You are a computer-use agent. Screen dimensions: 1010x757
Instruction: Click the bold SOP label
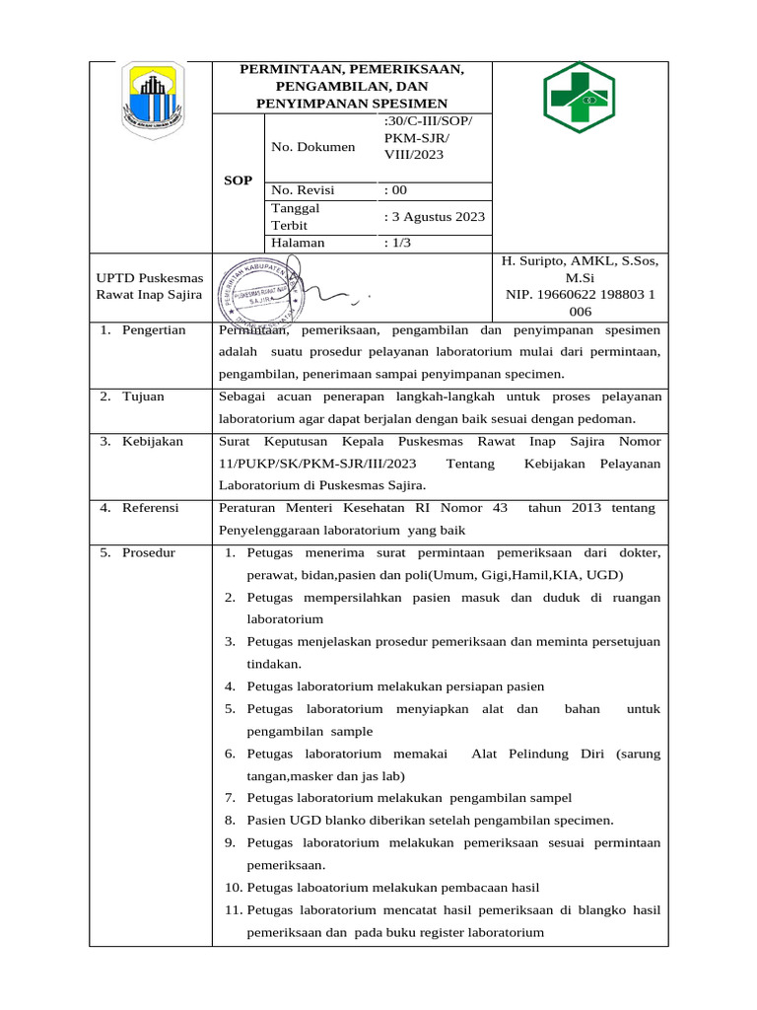coord(238,180)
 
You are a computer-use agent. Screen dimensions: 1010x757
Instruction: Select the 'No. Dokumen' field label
coord(312,147)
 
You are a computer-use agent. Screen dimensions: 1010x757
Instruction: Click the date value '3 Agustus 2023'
coord(435,217)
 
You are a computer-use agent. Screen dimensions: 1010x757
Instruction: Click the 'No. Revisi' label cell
coord(303,190)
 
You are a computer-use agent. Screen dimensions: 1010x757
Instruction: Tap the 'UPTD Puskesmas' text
coord(149,278)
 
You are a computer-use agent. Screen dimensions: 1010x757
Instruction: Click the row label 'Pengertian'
coord(154,329)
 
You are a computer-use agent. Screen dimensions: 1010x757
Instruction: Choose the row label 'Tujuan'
coord(143,397)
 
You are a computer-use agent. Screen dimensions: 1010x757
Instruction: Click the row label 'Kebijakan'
coord(153,441)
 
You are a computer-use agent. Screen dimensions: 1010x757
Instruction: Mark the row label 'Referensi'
coord(150,508)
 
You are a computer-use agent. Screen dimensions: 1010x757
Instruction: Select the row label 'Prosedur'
coord(149,552)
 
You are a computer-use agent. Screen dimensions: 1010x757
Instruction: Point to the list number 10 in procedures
coord(232,887)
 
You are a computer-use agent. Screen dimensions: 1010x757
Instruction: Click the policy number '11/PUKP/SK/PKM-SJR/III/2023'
coord(317,464)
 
